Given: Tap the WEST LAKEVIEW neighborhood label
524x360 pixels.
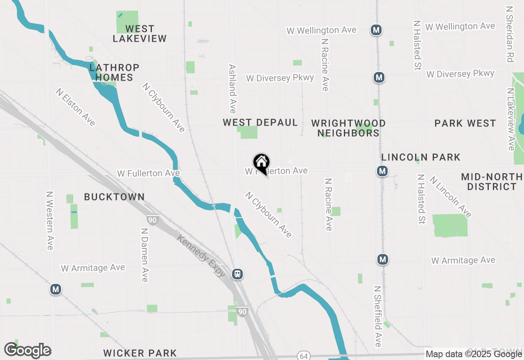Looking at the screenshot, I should click(140, 34).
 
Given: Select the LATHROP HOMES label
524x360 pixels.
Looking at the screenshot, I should click(114, 72).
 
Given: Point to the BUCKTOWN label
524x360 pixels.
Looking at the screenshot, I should click(114, 197).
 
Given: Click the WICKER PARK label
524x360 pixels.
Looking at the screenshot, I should click(140, 353).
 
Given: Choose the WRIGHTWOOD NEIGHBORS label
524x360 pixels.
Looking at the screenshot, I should click(348, 128).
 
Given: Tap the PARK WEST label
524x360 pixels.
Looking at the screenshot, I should click(465, 123).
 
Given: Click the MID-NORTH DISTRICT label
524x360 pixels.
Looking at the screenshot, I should click(492, 182).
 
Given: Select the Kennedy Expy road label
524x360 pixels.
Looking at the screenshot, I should click(201, 255).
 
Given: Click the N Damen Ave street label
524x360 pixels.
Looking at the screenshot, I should click(144, 255).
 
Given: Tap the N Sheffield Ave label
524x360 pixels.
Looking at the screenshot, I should click(378, 316).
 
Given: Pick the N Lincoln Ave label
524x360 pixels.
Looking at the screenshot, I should click(450, 197).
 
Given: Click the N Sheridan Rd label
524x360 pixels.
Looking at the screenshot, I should click(509, 34).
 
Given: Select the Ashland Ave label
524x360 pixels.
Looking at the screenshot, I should click(233, 88).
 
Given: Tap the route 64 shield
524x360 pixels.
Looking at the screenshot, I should click(303, 355).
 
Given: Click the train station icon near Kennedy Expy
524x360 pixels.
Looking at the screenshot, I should click(237, 274).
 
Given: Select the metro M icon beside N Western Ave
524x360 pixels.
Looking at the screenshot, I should click(56, 290).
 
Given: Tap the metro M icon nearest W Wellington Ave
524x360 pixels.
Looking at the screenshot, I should click(376, 29).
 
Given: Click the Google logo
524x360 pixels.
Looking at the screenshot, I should click(27, 350).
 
